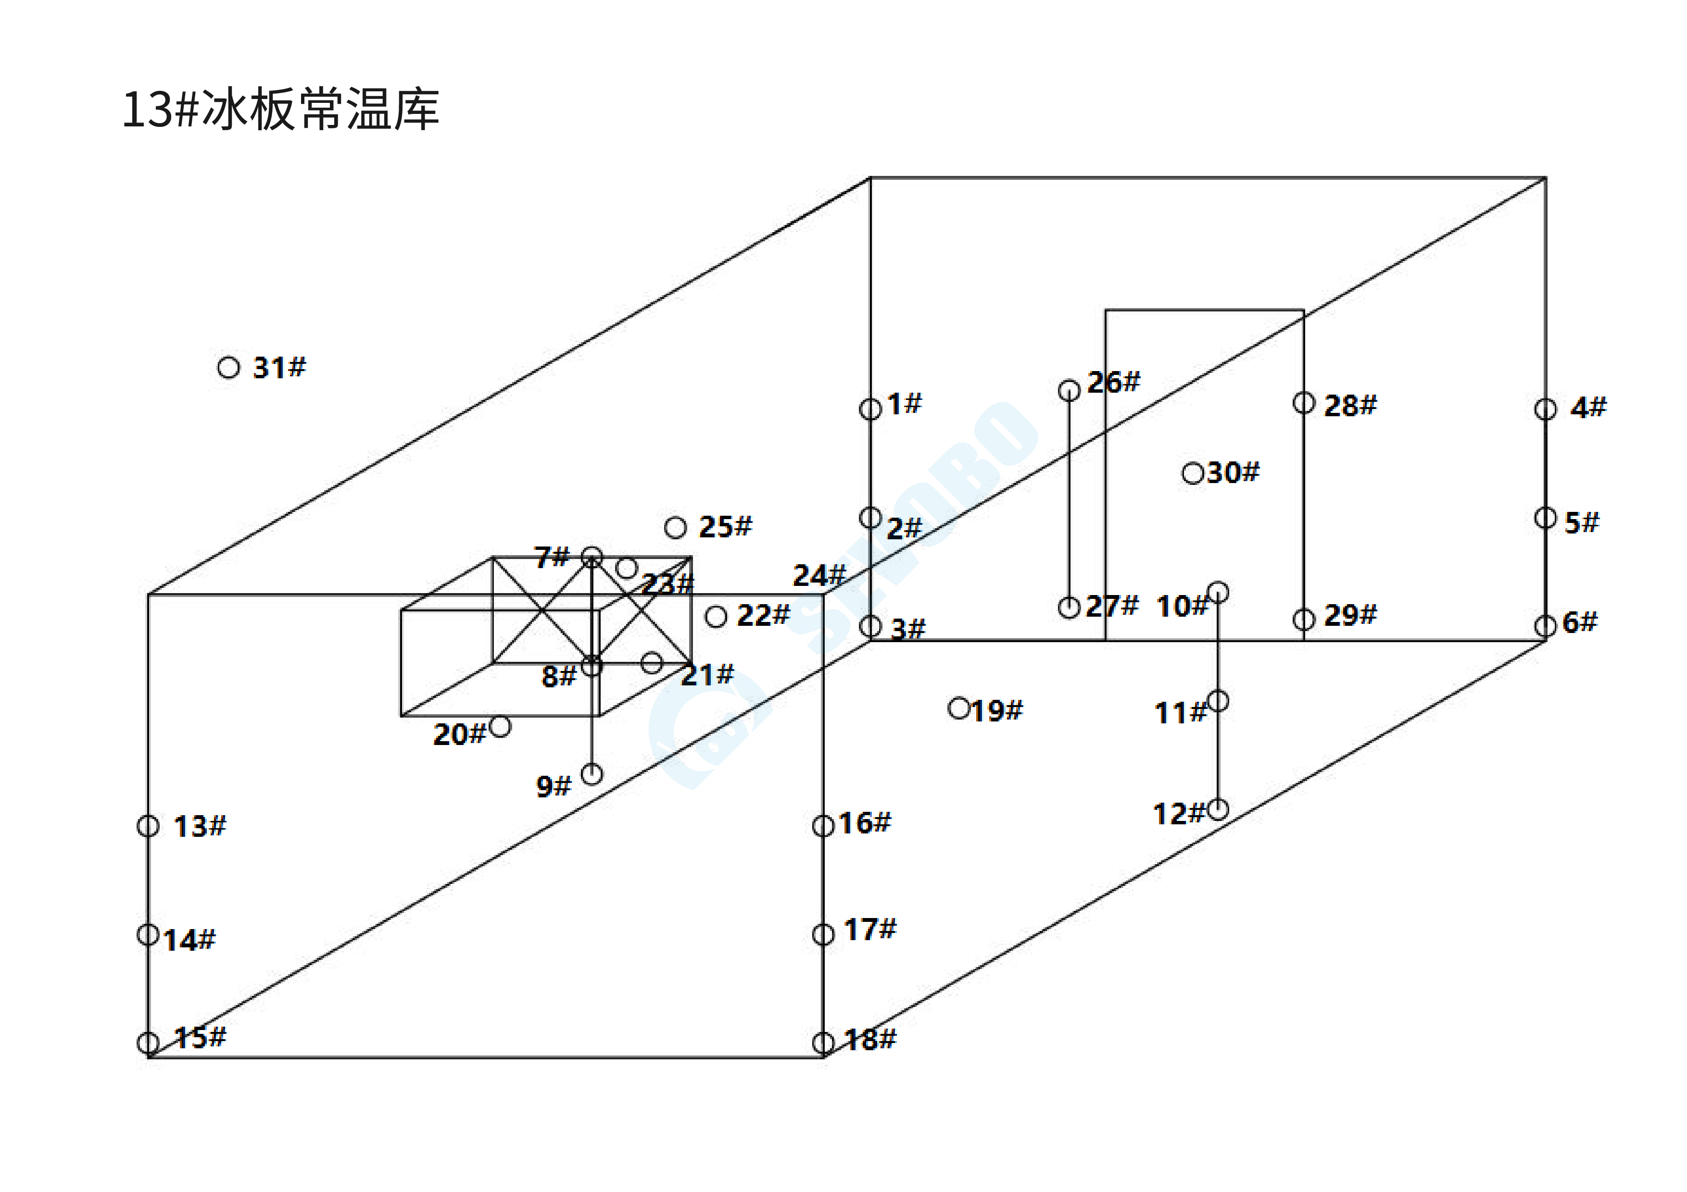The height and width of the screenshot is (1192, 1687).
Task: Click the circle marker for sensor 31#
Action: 228,367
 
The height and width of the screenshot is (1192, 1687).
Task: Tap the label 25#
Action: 725,527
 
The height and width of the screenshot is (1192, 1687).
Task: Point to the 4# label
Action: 1588,407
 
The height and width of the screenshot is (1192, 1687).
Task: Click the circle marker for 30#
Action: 1193,473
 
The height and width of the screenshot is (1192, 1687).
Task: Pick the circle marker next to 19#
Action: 959,708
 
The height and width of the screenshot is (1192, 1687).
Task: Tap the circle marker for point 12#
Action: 1218,809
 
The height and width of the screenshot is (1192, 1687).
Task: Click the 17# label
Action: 870,930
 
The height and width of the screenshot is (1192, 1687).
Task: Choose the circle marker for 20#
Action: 500,726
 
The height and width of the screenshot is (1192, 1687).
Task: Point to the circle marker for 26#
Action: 1069,389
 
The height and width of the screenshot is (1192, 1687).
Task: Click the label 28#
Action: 1350,405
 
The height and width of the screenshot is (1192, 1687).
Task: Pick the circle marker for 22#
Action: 716,616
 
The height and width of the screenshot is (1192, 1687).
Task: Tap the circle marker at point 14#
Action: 149,935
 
